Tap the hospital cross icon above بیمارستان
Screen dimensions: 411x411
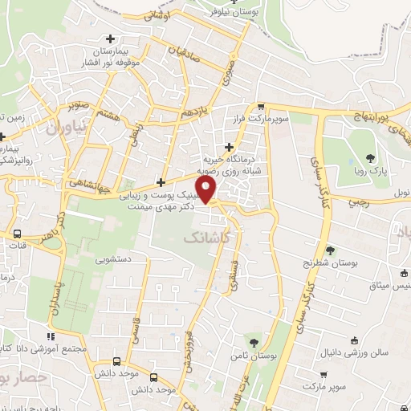click(x=111, y=38)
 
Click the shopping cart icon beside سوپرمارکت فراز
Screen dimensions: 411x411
click(x=261, y=106)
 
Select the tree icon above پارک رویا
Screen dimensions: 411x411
click(x=369, y=157)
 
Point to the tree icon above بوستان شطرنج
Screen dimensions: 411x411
click(x=330, y=250)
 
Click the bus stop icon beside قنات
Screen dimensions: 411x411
click(x=17, y=234)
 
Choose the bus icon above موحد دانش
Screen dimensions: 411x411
click(x=119, y=361)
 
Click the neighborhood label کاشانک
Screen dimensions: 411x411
click(x=204, y=238)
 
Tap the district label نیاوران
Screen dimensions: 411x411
click(x=64, y=128)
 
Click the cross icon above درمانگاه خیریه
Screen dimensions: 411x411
click(x=230, y=146)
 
